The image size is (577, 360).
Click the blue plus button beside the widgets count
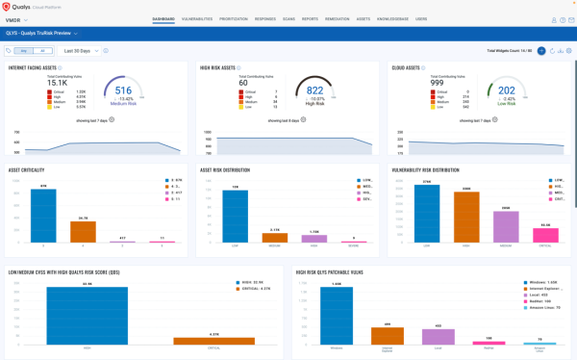[x=541, y=49]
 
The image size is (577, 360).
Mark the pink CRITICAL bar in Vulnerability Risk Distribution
[x=546, y=235]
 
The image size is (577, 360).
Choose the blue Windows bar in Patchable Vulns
[x=335, y=317]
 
